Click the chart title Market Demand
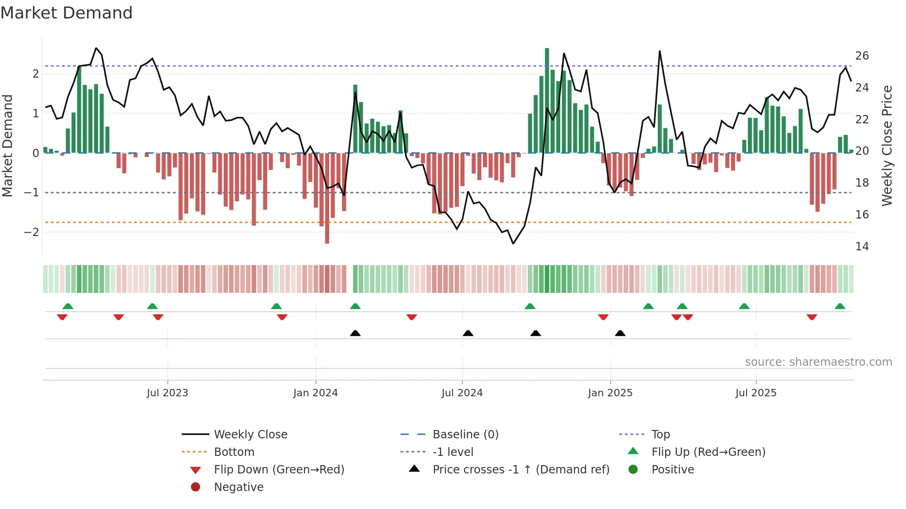[67, 13]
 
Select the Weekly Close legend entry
[250, 434]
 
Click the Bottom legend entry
[234, 452]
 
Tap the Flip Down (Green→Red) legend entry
[279, 469]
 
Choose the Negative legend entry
[239, 487]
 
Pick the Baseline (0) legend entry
[465, 434]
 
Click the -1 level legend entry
[453, 452]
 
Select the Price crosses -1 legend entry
[520, 469]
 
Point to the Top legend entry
[660, 434]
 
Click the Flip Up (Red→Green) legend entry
[708, 452]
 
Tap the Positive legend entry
[673, 469]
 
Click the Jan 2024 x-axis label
[315, 393]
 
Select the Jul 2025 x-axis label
[756, 393]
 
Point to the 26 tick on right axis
[862, 56]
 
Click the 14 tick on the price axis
[862, 247]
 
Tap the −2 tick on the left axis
[31, 232]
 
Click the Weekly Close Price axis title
[887, 145]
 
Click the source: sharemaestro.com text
[818, 362]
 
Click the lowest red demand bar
[327, 199]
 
